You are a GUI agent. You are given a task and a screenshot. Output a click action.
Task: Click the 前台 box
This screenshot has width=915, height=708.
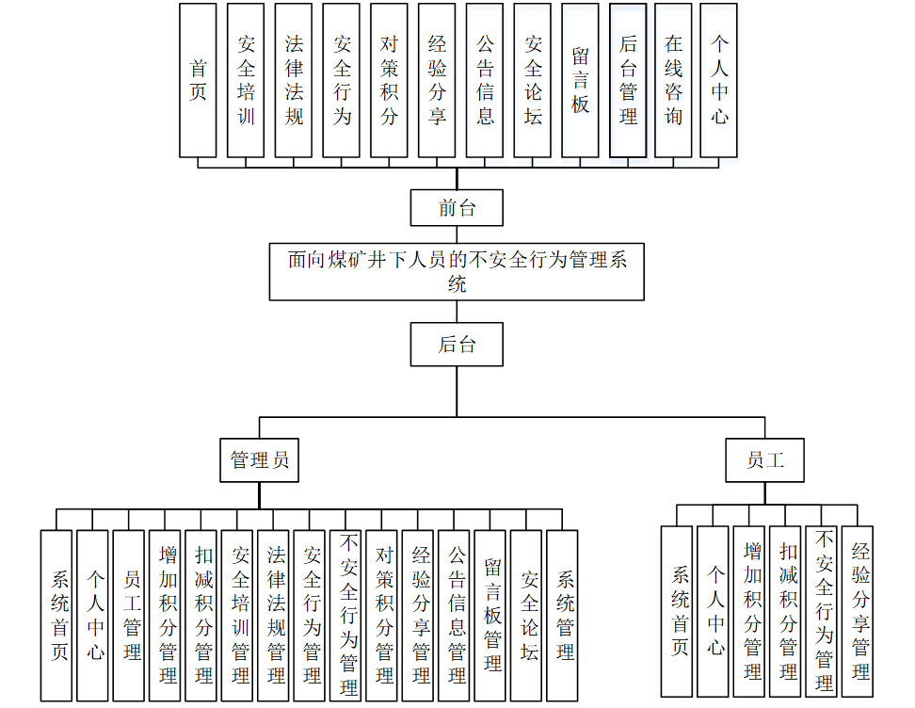[x=457, y=208]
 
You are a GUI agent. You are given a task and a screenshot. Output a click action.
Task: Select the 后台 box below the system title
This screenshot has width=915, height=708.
[x=457, y=345]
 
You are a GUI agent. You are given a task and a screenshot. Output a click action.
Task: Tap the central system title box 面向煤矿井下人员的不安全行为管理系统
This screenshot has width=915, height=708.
[x=457, y=270]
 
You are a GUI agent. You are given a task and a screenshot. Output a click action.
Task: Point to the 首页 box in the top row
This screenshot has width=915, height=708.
[x=198, y=80]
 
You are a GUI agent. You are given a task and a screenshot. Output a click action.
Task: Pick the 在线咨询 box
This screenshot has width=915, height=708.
[x=673, y=80]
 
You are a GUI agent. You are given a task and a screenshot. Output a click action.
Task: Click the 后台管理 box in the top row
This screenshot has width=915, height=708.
[x=628, y=80]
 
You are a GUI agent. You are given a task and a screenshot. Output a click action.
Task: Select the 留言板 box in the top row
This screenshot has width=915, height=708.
[x=580, y=80]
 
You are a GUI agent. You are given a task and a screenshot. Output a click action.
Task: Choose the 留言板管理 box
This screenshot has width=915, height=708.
[x=492, y=616]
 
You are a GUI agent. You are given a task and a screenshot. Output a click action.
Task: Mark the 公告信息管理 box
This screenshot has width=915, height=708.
[x=457, y=616]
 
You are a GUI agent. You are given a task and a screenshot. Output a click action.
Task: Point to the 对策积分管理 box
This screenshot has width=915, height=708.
[x=384, y=616]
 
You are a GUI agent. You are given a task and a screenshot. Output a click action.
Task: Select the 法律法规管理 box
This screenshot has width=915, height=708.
[x=276, y=616]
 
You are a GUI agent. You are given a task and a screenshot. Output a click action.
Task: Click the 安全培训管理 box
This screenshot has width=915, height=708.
[x=240, y=616]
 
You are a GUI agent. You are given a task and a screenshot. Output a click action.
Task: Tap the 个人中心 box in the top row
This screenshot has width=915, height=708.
[x=720, y=80]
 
